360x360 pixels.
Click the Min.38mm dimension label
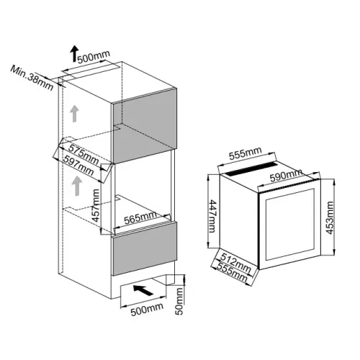click(32, 78)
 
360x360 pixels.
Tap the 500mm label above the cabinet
click(94, 57)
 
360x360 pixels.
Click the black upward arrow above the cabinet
click(74, 53)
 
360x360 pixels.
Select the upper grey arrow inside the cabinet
click(74, 114)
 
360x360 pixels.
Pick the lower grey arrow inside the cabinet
click(77, 186)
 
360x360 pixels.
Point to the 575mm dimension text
click(84, 154)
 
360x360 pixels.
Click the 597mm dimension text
click(78, 165)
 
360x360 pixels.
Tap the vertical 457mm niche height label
click(96, 205)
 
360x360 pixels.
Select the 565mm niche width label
click(140, 217)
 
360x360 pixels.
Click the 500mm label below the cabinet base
click(147, 310)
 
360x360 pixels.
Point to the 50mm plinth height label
click(179, 302)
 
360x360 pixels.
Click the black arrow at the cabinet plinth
click(143, 290)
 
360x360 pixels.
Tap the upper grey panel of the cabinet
click(145, 126)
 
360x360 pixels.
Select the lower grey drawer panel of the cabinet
click(145, 248)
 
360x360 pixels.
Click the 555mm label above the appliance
click(245, 153)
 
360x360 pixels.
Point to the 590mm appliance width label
click(286, 176)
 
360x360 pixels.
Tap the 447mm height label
click(212, 216)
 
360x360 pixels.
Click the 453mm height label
click(330, 217)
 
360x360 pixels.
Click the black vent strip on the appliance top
click(251, 169)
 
